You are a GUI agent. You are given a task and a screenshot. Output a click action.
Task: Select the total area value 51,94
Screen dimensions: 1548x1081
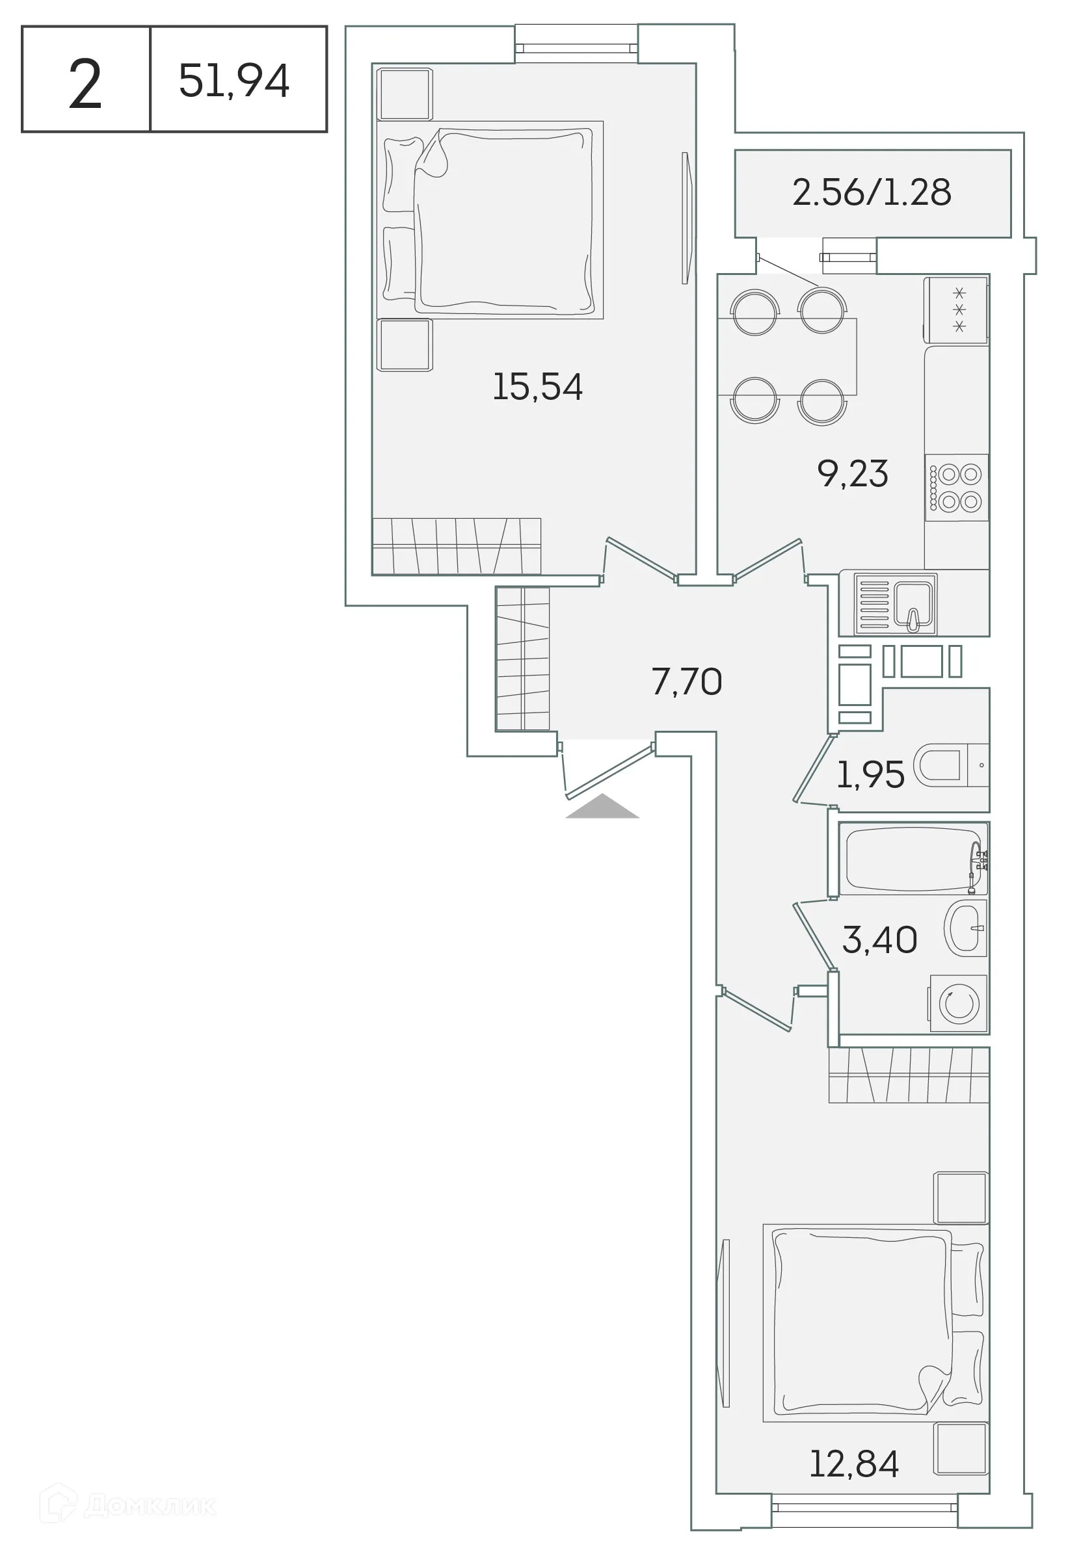point(234,80)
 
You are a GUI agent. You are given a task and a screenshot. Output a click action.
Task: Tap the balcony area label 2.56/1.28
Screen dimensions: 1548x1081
point(872,192)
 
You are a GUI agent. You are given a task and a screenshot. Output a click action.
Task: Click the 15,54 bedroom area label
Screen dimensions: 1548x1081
point(537,387)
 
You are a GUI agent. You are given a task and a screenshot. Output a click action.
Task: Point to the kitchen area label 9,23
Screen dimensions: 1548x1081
point(853,473)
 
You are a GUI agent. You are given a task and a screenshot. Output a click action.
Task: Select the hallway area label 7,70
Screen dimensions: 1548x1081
point(686,681)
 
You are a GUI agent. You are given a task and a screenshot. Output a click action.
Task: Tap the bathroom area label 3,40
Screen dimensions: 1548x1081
point(879,939)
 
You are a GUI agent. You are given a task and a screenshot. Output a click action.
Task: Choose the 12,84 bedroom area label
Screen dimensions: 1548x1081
point(854,1463)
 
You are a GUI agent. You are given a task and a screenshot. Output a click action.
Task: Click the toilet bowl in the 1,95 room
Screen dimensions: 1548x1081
point(941,765)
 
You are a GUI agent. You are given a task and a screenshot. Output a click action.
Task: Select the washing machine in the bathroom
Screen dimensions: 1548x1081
point(958,1003)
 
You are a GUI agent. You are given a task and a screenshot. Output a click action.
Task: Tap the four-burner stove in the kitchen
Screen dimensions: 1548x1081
point(957,488)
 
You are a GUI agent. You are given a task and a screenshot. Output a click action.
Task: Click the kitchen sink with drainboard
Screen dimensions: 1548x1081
point(896,604)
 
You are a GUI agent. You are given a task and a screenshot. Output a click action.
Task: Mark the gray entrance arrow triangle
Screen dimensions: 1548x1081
point(602,807)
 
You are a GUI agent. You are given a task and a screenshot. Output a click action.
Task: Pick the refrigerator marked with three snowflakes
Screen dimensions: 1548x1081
point(956,310)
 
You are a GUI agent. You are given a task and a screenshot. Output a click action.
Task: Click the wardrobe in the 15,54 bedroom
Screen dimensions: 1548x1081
point(457,546)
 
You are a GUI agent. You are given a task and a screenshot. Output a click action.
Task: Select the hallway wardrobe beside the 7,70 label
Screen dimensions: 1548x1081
point(523,659)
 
